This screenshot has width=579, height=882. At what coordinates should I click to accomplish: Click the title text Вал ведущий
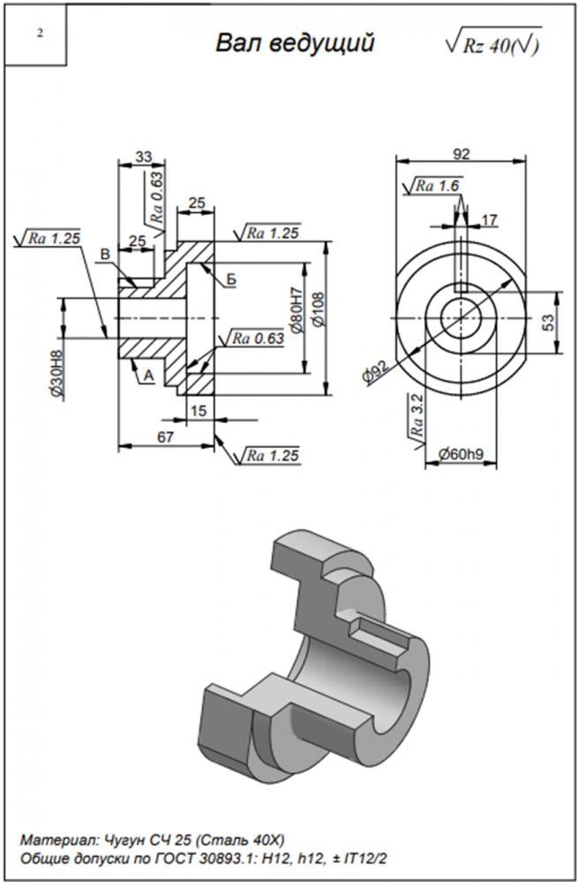296,44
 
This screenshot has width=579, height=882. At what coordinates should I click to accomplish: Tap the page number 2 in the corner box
40,34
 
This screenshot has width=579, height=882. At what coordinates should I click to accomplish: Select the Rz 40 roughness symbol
495,45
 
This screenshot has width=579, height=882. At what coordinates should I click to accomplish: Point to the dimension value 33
142,156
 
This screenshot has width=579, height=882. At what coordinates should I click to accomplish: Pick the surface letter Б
231,280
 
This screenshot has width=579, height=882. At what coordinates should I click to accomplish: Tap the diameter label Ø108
318,310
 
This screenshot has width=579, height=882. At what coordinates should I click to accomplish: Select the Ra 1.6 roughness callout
435,186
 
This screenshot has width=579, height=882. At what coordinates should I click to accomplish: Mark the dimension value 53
548,321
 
